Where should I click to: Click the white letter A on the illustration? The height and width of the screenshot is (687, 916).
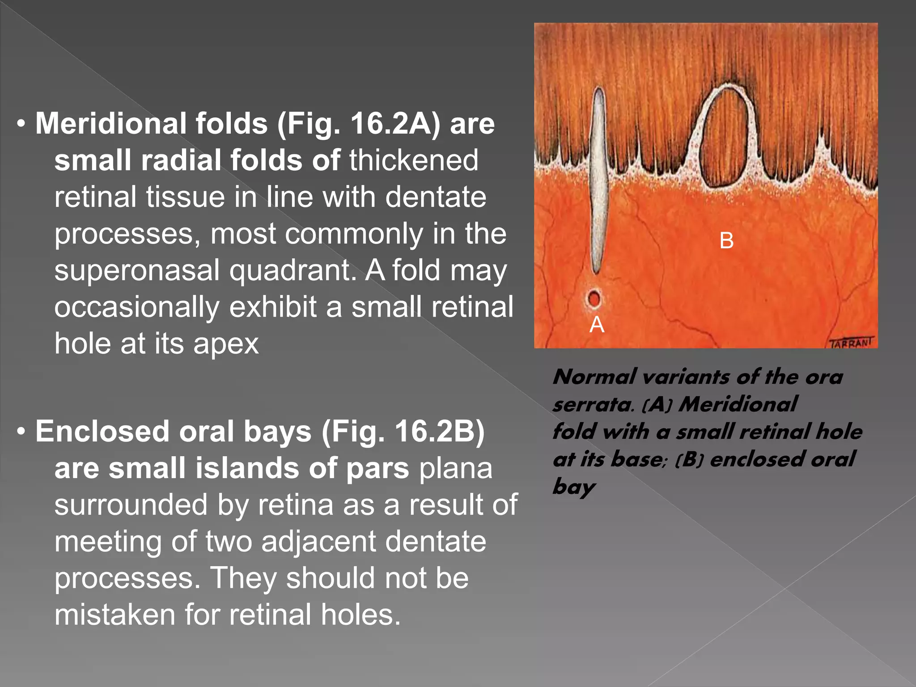(597, 324)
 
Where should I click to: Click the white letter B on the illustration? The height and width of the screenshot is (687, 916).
(726, 241)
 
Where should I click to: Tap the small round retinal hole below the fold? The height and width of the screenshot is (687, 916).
(594, 298)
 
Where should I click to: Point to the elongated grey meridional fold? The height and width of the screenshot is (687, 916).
(598, 179)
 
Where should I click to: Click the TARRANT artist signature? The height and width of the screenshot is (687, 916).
(851, 343)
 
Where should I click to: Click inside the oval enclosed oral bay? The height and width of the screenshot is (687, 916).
(725, 139)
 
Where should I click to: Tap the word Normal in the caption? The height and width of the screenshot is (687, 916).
(594, 377)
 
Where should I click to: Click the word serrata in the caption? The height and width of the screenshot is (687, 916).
(592, 405)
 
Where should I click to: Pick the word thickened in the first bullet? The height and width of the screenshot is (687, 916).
(414, 160)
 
